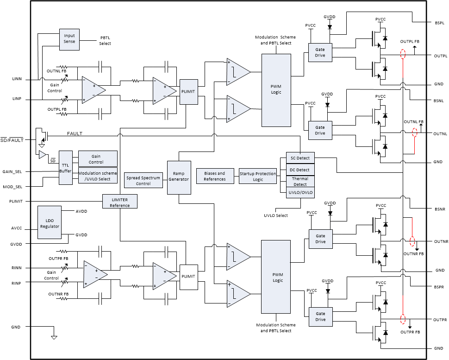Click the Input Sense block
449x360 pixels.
tap(69, 39)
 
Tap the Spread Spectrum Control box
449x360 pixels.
tap(143, 180)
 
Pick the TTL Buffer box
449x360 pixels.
tap(65, 168)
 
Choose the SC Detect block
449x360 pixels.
tap(300, 158)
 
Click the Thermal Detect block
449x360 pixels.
tap(300, 182)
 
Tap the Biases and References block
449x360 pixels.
tap(214, 176)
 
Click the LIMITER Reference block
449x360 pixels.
tap(120, 202)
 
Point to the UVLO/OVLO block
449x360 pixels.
tap(300, 193)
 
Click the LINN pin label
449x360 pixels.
tap(17, 80)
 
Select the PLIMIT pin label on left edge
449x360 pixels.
tap(16, 201)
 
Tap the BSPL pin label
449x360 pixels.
tap(439, 22)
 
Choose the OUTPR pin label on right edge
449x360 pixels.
tap(440, 320)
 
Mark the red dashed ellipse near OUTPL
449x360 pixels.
tap(403, 55)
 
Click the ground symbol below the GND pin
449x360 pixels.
tap(54, 337)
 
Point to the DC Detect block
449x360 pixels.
tap(300, 170)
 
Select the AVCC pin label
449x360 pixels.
tap(16, 228)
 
